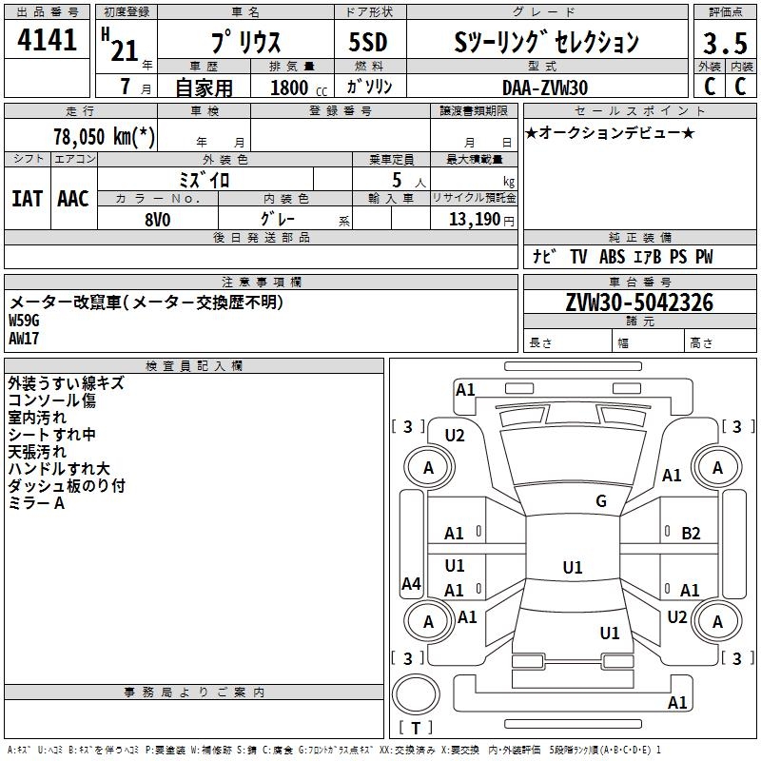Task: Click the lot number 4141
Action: [x=47, y=40]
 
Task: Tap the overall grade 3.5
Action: [x=725, y=43]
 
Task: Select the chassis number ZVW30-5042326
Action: [x=639, y=302]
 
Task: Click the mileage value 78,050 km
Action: [x=104, y=137]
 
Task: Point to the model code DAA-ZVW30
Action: [x=545, y=88]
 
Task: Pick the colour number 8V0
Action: [x=158, y=220]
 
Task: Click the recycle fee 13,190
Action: [x=474, y=220]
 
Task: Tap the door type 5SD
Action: [x=368, y=42]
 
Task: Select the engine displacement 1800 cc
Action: [x=299, y=88]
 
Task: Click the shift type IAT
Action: [x=28, y=199]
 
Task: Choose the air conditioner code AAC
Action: [x=73, y=199]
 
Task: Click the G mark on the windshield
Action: [x=601, y=501]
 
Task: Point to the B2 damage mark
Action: [x=691, y=534]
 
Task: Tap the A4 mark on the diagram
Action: [x=411, y=583]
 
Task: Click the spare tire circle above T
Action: [x=416, y=694]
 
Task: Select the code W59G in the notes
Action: [x=24, y=321]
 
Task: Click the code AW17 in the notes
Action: [x=24, y=339]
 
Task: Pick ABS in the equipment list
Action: [x=612, y=257]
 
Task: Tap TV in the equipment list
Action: [x=578, y=257]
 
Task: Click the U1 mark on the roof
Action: [x=573, y=567]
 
